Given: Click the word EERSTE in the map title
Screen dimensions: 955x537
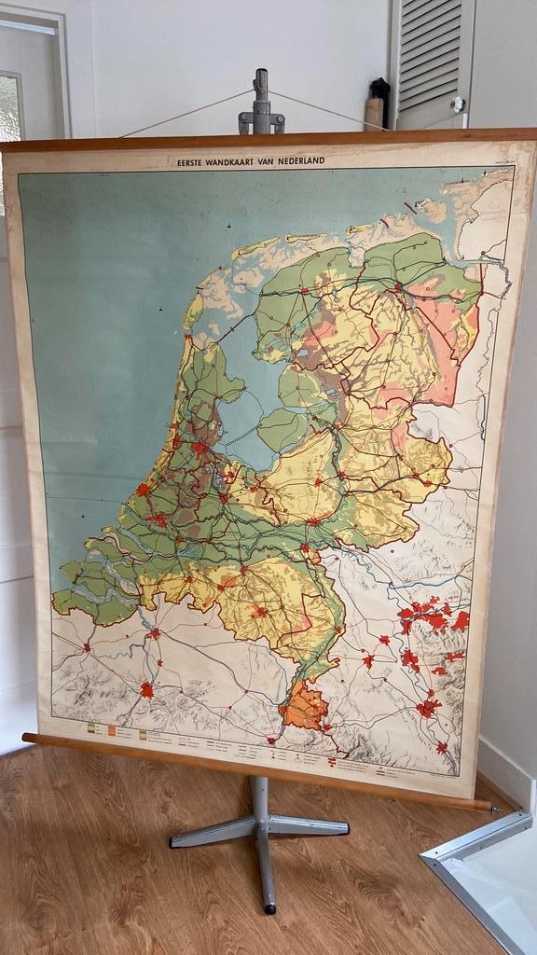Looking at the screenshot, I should click(x=193, y=161).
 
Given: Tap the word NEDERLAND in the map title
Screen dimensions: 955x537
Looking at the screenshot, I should click(x=300, y=161).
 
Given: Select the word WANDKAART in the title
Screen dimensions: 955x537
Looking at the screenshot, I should click(x=240, y=161).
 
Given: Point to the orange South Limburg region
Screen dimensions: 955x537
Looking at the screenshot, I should click(x=304, y=706).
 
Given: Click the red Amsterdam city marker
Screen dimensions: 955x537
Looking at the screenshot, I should click(x=199, y=449).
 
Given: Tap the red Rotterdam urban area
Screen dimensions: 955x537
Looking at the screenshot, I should click(x=157, y=519).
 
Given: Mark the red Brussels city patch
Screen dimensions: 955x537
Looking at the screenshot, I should click(x=146, y=689).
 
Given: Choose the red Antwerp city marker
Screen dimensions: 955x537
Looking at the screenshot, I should click(x=154, y=634).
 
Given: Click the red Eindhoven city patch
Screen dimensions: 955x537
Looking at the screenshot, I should click(x=259, y=613).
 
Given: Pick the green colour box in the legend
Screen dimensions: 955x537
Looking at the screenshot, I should click(x=90, y=726).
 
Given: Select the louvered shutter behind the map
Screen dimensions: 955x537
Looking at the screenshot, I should click(x=431, y=61).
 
